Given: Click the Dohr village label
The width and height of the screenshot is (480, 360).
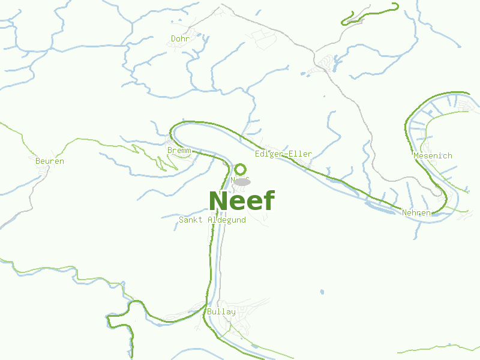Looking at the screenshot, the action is [x=180, y=39].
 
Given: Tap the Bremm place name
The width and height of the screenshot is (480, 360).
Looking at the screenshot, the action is [x=179, y=150].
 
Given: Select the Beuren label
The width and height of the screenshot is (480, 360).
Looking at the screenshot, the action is [x=50, y=161].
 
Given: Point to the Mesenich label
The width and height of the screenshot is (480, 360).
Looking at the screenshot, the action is [x=433, y=156].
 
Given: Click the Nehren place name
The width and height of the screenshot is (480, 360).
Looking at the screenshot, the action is [x=416, y=213].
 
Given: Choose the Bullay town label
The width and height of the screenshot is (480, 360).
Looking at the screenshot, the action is [x=221, y=312].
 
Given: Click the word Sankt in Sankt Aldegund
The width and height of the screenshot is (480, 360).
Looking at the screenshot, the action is [x=191, y=220].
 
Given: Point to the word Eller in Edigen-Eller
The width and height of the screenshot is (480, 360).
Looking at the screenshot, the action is [x=301, y=154].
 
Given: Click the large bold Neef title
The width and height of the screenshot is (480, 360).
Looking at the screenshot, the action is [x=242, y=200].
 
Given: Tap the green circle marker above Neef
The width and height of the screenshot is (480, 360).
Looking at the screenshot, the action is [x=241, y=169].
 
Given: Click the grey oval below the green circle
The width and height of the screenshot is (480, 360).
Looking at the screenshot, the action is [x=242, y=181].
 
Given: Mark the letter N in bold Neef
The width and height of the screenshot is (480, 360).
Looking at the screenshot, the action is [x=218, y=200].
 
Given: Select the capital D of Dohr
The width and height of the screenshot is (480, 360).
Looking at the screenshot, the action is [x=173, y=39].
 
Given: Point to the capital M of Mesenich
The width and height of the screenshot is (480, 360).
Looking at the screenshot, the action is [x=416, y=156].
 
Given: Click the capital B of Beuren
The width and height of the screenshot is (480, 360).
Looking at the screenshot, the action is [x=38, y=161].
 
